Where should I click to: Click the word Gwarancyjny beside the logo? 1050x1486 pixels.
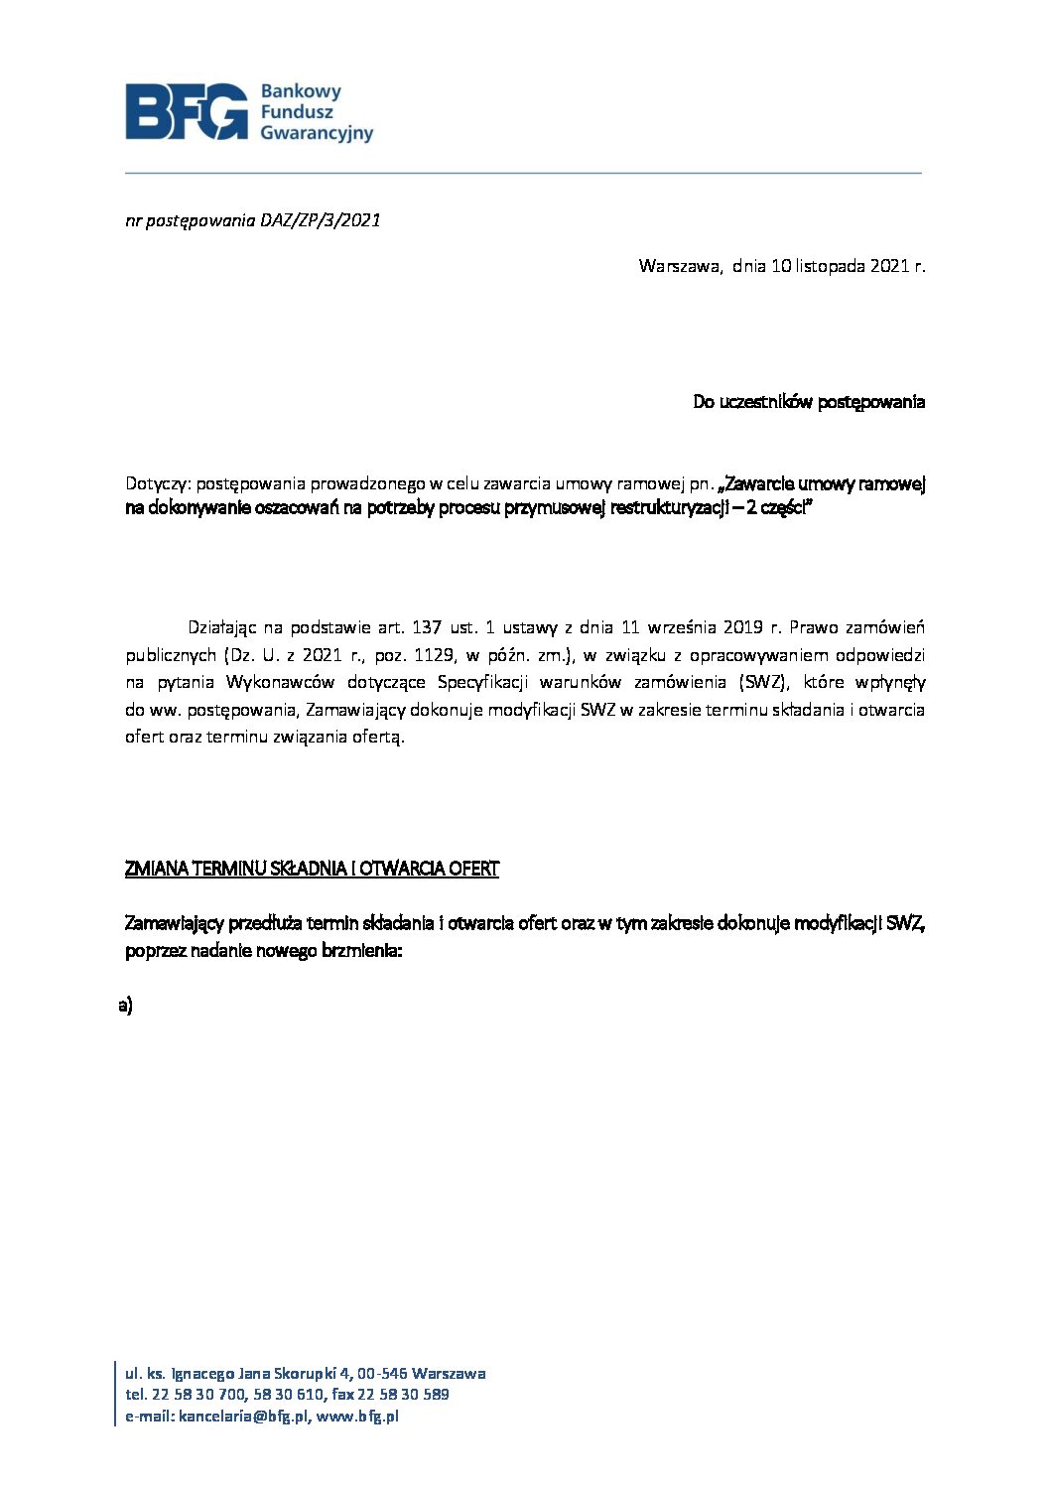(x=316, y=132)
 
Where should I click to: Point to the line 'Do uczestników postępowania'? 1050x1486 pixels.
(x=808, y=402)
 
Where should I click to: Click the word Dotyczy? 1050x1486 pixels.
(x=157, y=484)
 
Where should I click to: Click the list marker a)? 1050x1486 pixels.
(x=125, y=1005)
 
